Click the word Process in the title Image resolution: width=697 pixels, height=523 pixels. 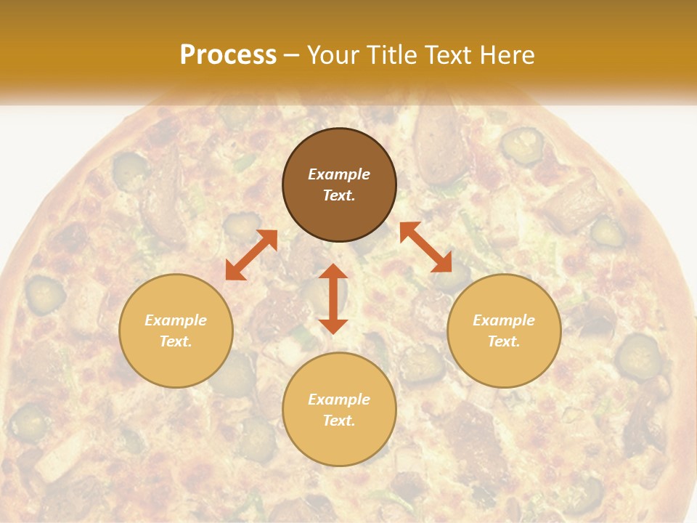[x=228, y=55]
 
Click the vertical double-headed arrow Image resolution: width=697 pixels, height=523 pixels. [x=333, y=299]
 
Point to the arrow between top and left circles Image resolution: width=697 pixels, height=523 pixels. [x=251, y=254]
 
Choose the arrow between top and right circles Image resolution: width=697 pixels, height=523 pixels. [x=425, y=247]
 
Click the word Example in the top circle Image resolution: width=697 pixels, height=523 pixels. [x=339, y=174]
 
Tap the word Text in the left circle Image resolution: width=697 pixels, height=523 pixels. [x=176, y=341]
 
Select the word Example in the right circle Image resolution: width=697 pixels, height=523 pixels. [x=504, y=320]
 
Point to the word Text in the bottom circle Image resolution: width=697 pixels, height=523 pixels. [x=339, y=421]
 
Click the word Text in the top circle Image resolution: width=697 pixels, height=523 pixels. [x=339, y=195]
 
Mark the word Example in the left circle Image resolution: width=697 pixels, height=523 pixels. [x=176, y=320]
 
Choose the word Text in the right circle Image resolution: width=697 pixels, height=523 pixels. [x=504, y=341]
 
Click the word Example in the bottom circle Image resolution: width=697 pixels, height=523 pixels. [x=339, y=400]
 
